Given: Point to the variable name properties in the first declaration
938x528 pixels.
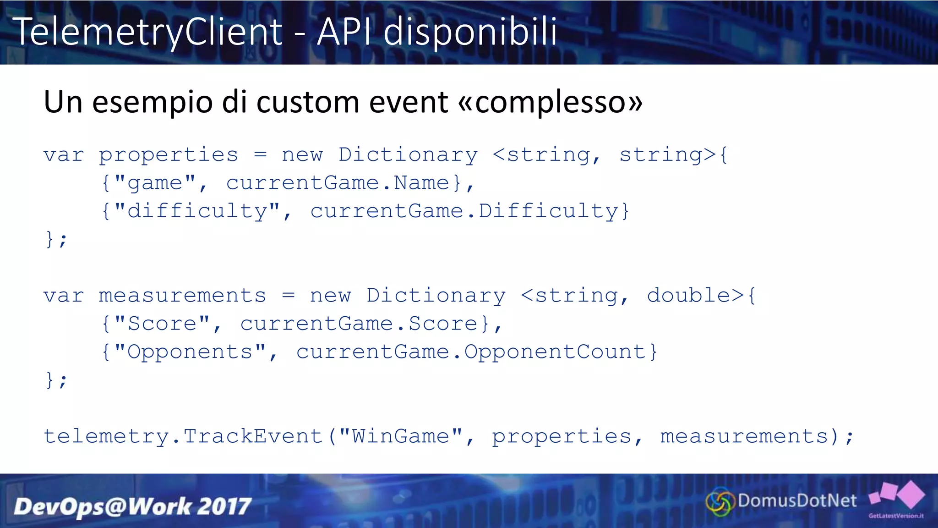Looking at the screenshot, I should click(169, 155).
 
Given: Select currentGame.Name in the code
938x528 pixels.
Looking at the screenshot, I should click(337, 183).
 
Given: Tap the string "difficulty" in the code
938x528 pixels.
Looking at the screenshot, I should click(197, 211).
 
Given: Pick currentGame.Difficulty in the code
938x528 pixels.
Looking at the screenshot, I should click(464, 211).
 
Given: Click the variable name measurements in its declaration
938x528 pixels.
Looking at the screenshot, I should click(182, 296).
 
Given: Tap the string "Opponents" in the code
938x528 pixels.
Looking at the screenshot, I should click(190, 352).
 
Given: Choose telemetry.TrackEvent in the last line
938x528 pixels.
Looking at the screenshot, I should click(183, 436).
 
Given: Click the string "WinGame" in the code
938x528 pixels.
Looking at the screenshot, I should click(400, 436).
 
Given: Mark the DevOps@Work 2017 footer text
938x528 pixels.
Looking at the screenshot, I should click(132, 506).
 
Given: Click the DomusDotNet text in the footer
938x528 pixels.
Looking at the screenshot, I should click(797, 501).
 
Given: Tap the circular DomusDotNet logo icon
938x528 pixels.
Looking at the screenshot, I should click(720, 502).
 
